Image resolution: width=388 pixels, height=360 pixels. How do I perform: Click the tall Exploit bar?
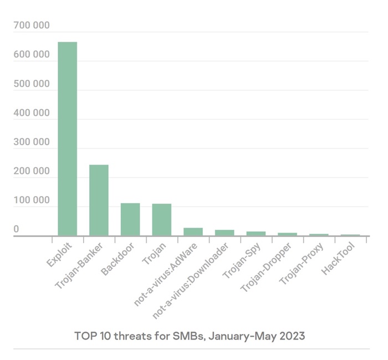coord(68,138)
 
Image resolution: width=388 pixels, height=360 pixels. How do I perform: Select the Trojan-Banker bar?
coord(99,200)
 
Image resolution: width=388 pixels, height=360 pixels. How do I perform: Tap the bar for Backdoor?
coord(130,219)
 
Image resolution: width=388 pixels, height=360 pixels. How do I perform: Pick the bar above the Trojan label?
coord(162,220)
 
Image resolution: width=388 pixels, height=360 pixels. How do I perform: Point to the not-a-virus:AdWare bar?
coord(193,232)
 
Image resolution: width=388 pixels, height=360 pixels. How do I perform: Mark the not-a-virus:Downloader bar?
coord(224,233)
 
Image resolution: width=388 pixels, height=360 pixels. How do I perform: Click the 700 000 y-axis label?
coord(32,25)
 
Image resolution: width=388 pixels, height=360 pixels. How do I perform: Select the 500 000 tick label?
coord(32,84)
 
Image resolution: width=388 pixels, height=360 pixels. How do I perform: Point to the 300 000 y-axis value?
coord(32,142)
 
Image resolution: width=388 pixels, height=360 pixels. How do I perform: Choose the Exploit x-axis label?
coord(59,255)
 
